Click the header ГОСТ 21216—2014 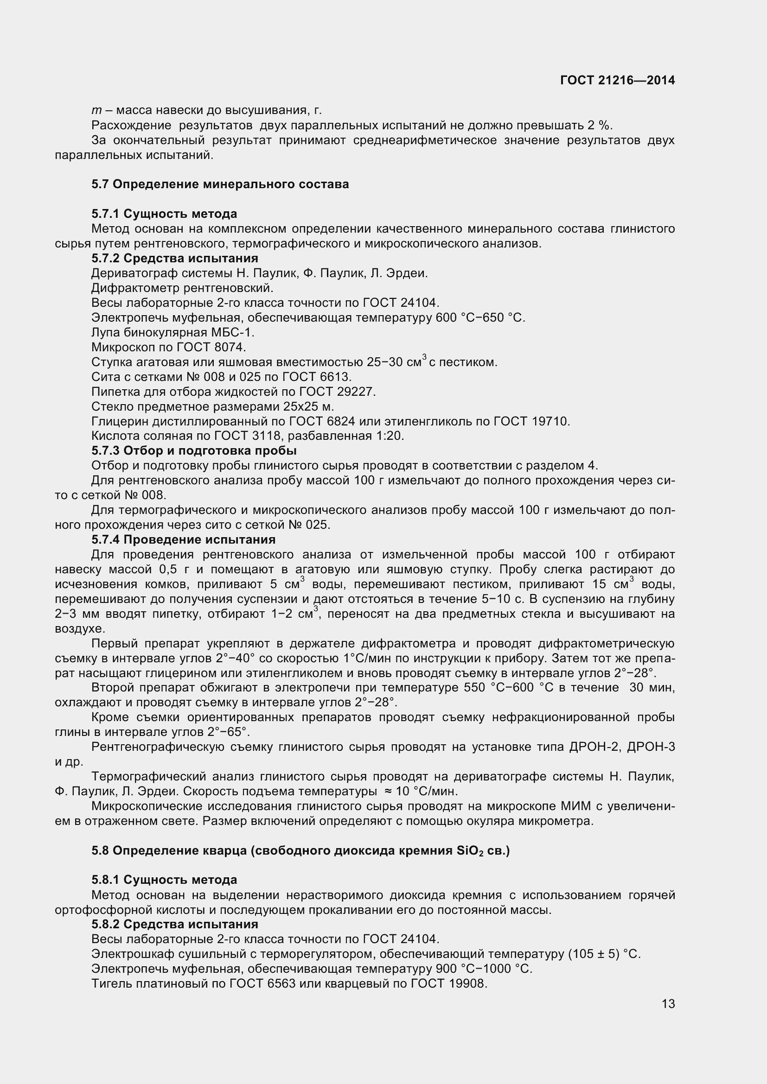tap(617, 80)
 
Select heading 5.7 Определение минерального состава tap(220, 184)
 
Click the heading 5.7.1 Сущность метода tap(164, 214)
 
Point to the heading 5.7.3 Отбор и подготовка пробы tap(194, 450)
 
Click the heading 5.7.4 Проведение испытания tap(183, 539)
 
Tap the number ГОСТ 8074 tap(211, 348)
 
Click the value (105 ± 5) tap(594, 954)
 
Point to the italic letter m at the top tap(96, 111)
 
